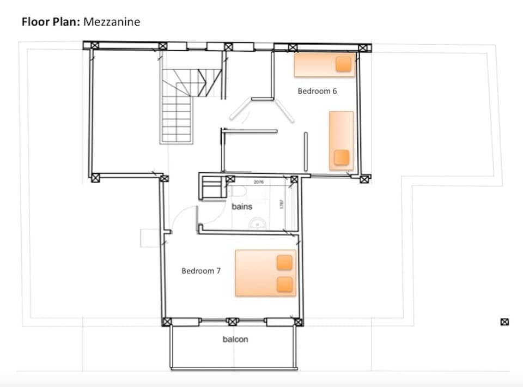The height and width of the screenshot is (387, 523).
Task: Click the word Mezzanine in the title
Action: (x=112, y=22)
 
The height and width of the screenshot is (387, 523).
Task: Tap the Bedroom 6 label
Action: (x=317, y=91)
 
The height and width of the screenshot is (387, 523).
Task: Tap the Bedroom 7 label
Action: (x=201, y=270)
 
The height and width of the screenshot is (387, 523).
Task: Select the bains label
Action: (x=242, y=207)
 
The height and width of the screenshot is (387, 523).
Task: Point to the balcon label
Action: (x=235, y=339)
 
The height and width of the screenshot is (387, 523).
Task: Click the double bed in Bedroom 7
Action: (x=265, y=273)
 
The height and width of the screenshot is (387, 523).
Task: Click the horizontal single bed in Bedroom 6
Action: (x=325, y=65)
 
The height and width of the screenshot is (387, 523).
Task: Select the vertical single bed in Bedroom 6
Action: (x=341, y=141)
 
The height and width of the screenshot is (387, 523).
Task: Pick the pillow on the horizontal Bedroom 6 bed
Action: (x=343, y=64)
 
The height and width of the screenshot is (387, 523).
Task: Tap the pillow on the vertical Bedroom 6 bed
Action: (x=342, y=157)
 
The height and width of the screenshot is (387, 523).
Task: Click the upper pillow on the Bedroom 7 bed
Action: (x=285, y=263)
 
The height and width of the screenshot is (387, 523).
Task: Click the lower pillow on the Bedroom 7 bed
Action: (x=285, y=284)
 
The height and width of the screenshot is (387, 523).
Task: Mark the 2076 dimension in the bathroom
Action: (x=259, y=182)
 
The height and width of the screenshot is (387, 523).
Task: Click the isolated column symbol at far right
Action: (x=504, y=322)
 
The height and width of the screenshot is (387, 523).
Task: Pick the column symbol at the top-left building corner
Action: (x=94, y=45)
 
